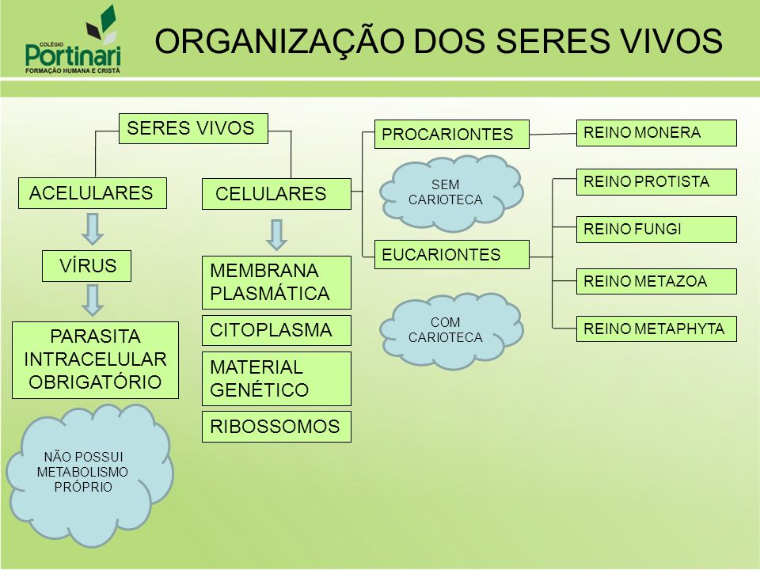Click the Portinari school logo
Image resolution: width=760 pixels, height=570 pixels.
pos(73,40)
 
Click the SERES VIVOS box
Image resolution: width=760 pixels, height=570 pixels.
pos(193,128)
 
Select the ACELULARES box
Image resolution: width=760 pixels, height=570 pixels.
pos(93,193)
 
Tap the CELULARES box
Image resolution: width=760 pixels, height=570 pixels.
pos(276,194)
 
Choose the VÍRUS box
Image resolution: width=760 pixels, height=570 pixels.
pos(87,266)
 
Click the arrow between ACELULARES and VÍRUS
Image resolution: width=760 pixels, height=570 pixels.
pos(93,229)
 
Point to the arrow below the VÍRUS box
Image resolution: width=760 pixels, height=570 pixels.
pos(93,301)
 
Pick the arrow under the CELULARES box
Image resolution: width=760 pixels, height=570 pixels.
pos(277,235)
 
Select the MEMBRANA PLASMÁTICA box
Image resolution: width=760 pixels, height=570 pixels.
pos(276,283)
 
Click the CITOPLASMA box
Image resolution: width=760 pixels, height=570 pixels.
pos(276,331)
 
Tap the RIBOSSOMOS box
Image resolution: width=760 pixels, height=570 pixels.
pos(276,427)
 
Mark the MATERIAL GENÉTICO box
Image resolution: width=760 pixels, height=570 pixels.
pos(276,378)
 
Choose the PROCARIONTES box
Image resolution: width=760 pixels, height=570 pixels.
pos(452,134)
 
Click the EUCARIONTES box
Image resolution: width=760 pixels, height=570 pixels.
pos(452,254)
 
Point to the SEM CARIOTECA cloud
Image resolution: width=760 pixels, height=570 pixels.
pos(451,193)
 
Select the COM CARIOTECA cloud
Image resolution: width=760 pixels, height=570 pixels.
pos(451,331)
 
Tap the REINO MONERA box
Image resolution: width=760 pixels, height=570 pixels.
pos(656,133)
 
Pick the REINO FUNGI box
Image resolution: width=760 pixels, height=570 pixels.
pos(656,230)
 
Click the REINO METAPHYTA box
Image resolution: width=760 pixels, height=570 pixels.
pos(656,329)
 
